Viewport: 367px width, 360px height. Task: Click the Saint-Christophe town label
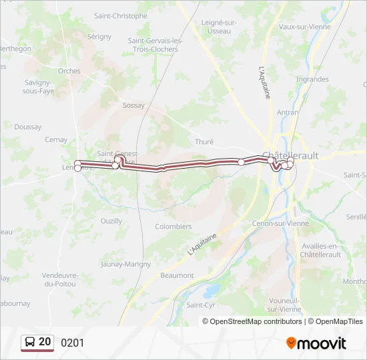click(x=121, y=15)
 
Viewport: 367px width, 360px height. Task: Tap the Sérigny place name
click(x=99, y=37)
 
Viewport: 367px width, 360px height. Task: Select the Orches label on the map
click(x=69, y=71)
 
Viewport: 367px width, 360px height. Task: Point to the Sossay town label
click(x=133, y=105)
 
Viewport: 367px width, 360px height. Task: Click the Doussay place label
click(x=27, y=127)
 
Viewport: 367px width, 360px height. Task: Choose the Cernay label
click(x=56, y=140)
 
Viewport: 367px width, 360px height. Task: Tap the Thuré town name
click(x=204, y=142)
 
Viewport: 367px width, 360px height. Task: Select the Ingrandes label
click(x=312, y=79)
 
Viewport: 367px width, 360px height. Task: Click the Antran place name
click(x=287, y=113)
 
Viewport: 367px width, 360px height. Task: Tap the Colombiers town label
click(x=173, y=227)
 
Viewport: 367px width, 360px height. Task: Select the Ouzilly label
click(x=111, y=221)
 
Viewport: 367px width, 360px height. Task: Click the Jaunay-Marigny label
click(x=125, y=264)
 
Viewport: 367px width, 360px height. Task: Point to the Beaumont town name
click(x=177, y=275)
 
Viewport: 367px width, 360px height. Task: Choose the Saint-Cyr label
click(x=201, y=305)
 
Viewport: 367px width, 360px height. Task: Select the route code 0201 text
click(x=73, y=343)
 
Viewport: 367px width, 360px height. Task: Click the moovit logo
click(x=316, y=343)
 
